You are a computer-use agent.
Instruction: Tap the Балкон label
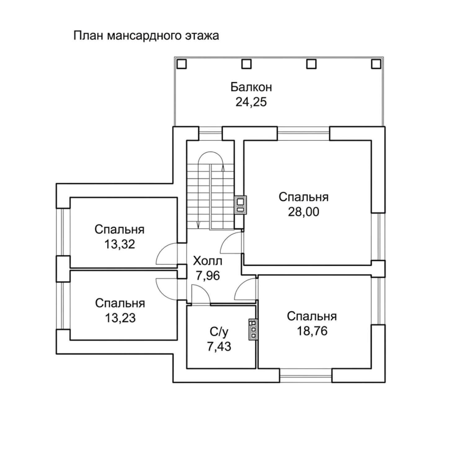[x=251, y=87]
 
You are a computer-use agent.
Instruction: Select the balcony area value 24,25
[x=251, y=102]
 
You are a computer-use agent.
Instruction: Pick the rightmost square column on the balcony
[x=376, y=64]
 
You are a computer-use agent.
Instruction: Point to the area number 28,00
[x=303, y=212]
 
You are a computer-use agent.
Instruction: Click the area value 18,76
[x=312, y=331]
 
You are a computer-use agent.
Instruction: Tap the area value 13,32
[x=120, y=245]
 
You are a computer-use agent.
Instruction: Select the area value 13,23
[x=120, y=318]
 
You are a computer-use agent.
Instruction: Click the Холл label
[x=208, y=261]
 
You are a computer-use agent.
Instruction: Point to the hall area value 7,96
[x=207, y=276]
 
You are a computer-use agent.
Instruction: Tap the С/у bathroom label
[x=219, y=332]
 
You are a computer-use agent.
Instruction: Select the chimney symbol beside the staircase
[x=241, y=205]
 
